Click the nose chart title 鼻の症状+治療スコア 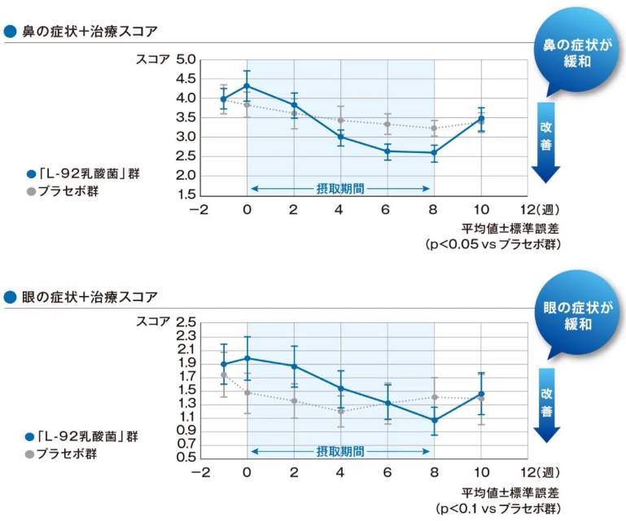pos(90,32)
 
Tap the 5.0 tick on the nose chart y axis pos(186,59)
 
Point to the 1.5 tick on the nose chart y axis pos(186,195)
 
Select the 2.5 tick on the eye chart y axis pos(186,322)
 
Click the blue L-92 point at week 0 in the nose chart pos(247,85)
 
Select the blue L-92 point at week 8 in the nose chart pos(434,152)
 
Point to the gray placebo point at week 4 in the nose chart pos(340,120)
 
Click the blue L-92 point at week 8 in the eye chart pos(434,420)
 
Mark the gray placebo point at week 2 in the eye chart pos(294,401)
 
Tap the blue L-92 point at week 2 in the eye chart pos(294,366)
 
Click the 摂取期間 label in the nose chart pos(340,188)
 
